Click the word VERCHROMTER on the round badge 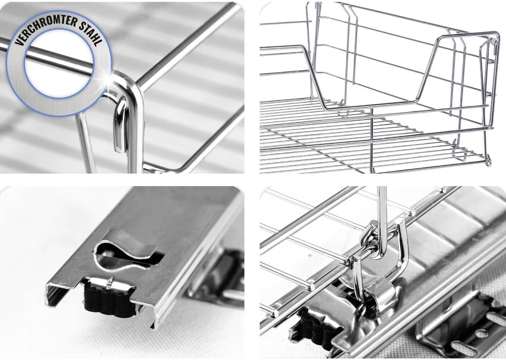45,28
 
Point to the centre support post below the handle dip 372,139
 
